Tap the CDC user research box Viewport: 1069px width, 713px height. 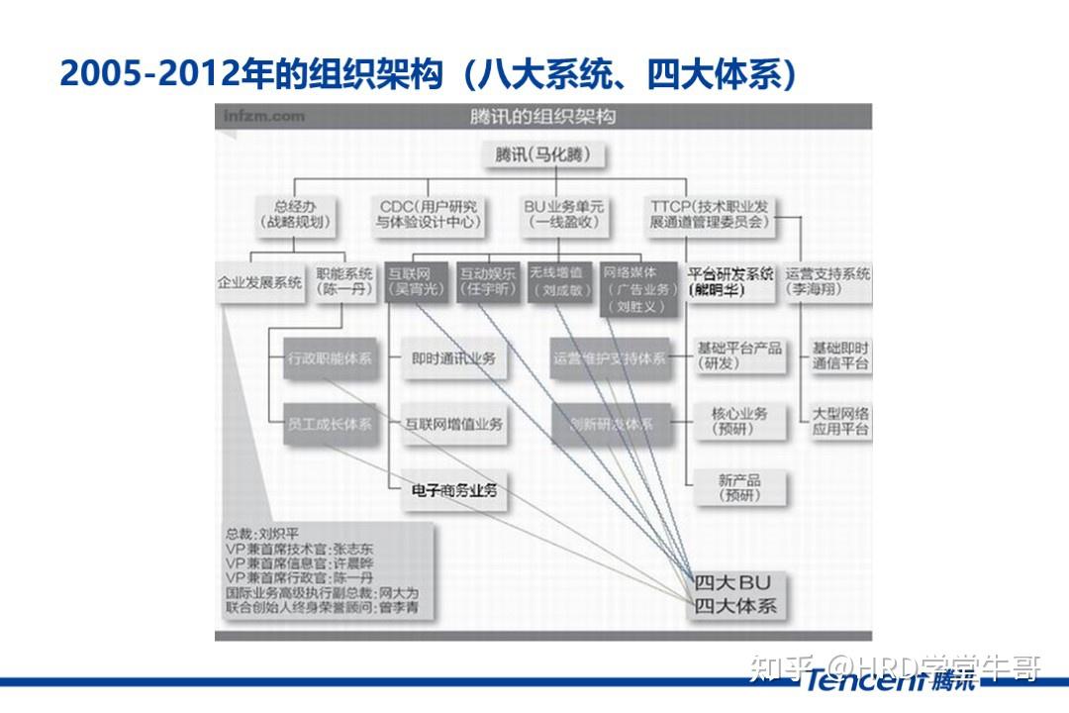click(x=429, y=215)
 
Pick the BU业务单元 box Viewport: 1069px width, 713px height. click(x=563, y=215)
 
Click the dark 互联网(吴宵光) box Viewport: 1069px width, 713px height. click(x=415, y=281)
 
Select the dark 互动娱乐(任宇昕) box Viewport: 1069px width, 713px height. click(x=488, y=281)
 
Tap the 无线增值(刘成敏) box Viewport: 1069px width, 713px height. click(x=559, y=281)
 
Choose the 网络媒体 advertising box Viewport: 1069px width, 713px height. click(x=640, y=288)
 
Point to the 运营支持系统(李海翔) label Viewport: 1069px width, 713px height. click(x=827, y=281)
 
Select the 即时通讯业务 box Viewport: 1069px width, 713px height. click(x=454, y=358)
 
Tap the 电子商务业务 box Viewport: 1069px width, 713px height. click(x=454, y=489)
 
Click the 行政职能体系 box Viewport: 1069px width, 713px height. click(x=330, y=358)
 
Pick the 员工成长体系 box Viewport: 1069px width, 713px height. click(x=330, y=424)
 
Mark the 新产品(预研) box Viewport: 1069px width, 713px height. click(x=739, y=487)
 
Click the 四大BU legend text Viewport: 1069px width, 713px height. click(x=733, y=583)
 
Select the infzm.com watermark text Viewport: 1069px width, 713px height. click(x=263, y=117)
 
